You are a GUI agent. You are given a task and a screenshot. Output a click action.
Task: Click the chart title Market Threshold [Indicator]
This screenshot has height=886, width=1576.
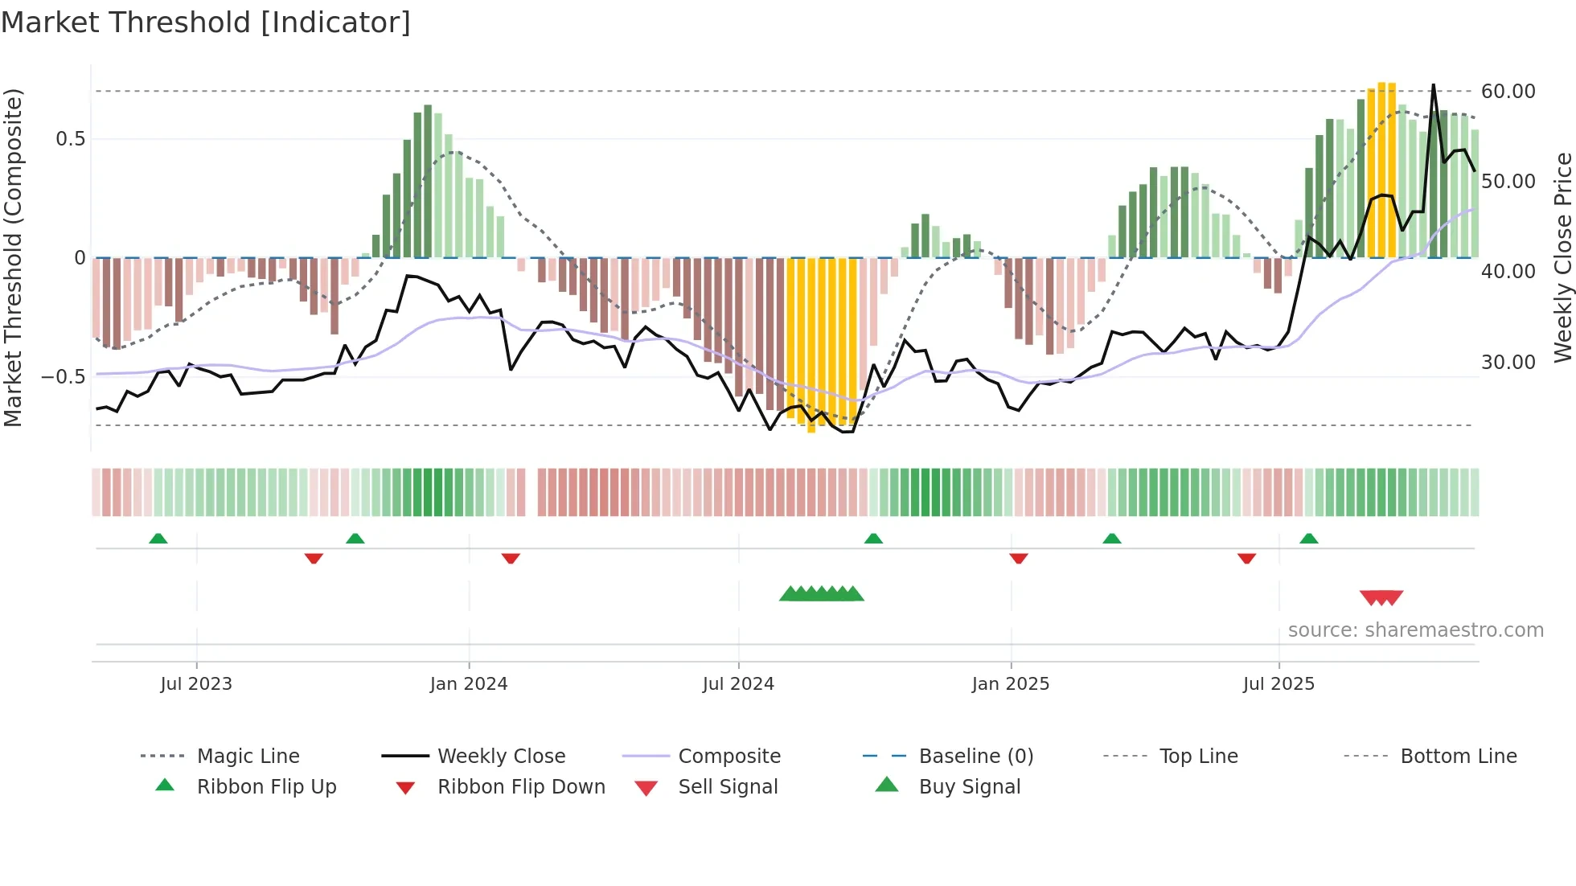206,23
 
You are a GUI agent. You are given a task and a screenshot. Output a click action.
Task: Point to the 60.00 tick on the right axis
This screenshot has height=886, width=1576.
1508,92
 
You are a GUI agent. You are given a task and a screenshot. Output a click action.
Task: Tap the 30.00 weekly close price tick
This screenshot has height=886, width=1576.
1508,363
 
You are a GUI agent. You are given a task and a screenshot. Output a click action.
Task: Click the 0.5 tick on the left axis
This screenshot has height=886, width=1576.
70,139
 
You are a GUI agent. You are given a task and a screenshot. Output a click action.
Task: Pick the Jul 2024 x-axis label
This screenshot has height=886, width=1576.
737,684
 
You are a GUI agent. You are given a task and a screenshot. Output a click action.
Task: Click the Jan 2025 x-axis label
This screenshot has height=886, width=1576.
1010,684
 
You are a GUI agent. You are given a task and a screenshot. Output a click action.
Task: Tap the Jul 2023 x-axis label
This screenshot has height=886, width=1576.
195,684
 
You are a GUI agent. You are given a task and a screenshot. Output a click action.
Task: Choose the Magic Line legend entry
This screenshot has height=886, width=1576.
248,757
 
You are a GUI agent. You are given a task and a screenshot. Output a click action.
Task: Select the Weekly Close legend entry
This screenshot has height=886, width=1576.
501,757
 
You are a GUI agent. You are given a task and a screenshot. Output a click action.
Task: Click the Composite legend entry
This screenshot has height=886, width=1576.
728,757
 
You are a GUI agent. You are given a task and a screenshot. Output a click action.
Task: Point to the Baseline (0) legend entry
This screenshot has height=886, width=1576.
975,757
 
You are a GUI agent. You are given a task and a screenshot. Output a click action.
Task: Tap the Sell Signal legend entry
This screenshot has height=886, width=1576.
728,787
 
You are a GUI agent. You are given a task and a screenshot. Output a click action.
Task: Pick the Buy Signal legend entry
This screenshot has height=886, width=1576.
969,787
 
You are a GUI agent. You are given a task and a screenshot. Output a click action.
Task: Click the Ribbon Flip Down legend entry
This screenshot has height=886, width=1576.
521,787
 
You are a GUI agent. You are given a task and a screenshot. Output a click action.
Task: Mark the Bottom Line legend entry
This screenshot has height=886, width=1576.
1458,757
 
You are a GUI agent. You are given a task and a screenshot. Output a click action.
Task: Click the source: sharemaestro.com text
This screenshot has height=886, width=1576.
1415,630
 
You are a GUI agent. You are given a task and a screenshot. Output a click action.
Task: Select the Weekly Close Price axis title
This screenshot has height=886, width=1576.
1562,257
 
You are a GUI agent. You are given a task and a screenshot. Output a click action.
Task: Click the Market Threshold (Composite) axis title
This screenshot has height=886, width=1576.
13,257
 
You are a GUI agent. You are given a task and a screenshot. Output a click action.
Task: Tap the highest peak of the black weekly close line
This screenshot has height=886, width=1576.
1433,85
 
